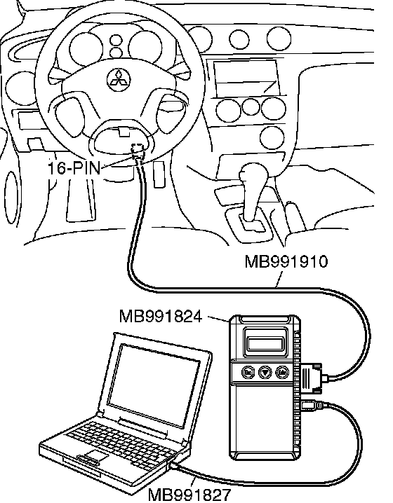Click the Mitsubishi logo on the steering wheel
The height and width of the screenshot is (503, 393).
(119, 78)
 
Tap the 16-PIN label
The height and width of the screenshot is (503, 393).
(74, 167)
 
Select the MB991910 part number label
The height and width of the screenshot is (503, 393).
(286, 261)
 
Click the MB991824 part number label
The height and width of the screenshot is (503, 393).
(161, 316)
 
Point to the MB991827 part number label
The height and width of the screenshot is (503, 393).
(189, 495)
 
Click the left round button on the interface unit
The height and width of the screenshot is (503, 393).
(248, 373)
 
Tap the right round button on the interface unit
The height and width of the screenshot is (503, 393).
(282, 373)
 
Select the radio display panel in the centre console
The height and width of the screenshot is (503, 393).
(245, 77)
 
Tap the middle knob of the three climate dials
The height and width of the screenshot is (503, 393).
(251, 107)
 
